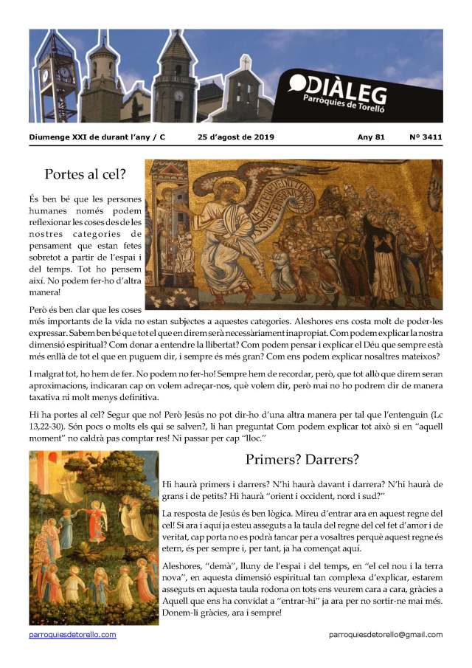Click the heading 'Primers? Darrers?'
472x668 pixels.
(302, 459)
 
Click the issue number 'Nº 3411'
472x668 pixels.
(426, 137)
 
